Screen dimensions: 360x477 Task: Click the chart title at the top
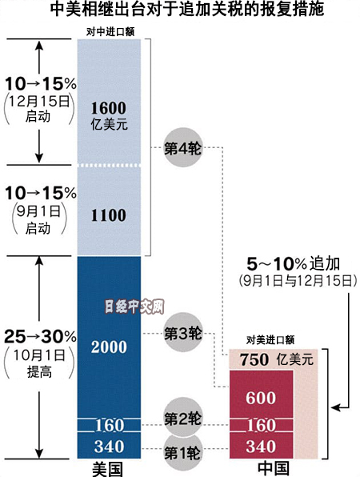pyautogui.click(x=186, y=9)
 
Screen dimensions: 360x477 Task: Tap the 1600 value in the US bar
pyautogui.click(x=109, y=108)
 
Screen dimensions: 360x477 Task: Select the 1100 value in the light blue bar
pyautogui.click(x=109, y=215)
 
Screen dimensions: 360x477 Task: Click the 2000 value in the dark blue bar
pyautogui.click(x=109, y=347)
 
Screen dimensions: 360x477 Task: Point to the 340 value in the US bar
pyautogui.click(x=109, y=447)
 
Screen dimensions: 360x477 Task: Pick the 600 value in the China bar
pyautogui.click(x=261, y=398)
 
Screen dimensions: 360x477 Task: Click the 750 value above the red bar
pyautogui.click(x=254, y=360)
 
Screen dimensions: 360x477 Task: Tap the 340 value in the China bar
pyautogui.click(x=261, y=447)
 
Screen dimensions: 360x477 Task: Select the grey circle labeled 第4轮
pyautogui.click(x=182, y=147)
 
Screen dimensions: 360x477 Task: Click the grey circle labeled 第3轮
pyautogui.click(x=182, y=332)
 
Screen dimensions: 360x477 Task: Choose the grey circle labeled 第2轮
pyautogui.click(x=182, y=418)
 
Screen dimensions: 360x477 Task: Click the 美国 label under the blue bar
pyautogui.click(x=108, y=469)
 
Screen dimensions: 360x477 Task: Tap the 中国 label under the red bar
pyautogui.click(x=273, y=469)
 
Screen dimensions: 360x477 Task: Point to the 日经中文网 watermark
pyautogui.click(x=134, y=307)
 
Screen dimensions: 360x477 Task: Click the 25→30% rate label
pyautogui.click(x=40, y=337)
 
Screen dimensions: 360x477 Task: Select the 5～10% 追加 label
pyautogui.click(x=293, y=264)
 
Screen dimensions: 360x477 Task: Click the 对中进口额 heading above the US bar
pyautogui.click(x=110, y=32)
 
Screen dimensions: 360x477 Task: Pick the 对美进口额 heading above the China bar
pyautogui.click(x=270, y=340)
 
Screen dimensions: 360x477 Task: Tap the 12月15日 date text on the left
pyautogui.click(x=39, y=102)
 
